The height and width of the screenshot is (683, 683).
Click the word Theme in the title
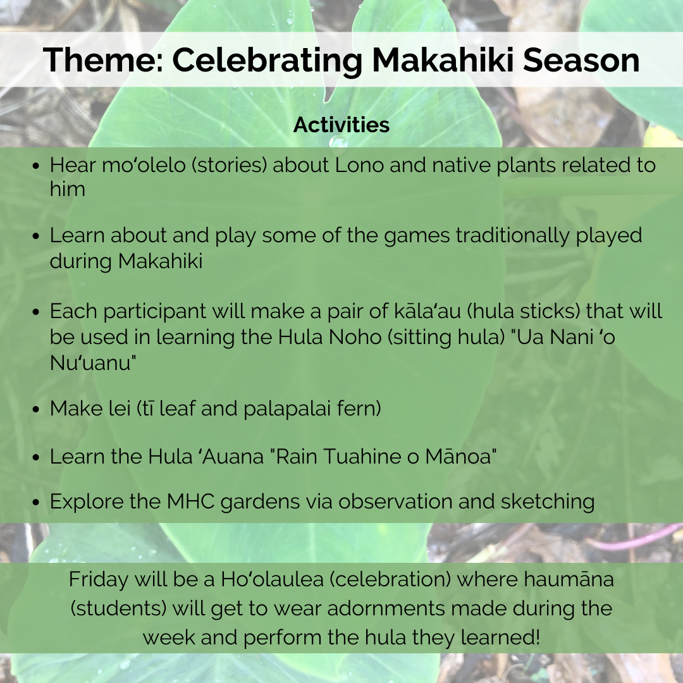pyautogui.click(x=103, y=59)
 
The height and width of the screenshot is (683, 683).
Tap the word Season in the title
pyautogui.click(x=581, y=59)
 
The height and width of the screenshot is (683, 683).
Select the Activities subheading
pyautogui.click(x=341, y=125)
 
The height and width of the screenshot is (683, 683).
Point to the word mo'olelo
pyautogui.click(x=144, y=165)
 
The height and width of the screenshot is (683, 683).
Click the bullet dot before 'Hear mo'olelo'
pyautogui.click(x=36, y=166)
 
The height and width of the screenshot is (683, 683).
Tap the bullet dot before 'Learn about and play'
pyautogui.click(x=36, y=236)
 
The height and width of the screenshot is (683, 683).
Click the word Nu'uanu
pyautogui.click(x=93, y=362)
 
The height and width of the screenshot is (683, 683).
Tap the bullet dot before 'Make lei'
pyautogui.click(x=36, y=409)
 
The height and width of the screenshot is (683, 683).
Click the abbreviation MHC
pyautogui.click(x=191, y=501)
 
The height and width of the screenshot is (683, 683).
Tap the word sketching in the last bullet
pyautogui.click(x=548, y=501)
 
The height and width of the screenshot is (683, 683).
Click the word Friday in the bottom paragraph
pyautogui.click(x=99, y=579)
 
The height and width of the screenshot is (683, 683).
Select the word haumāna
pyautogui.click(x=569, y=579)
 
